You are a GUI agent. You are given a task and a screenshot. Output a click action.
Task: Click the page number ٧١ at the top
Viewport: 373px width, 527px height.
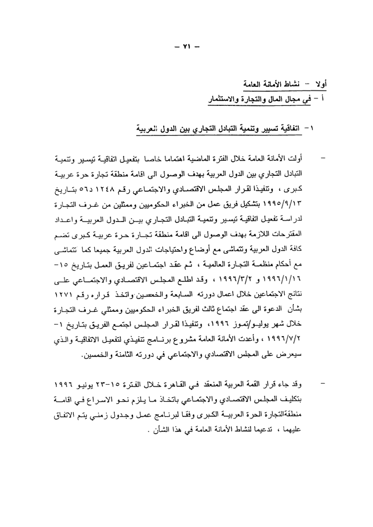click(x=186, y=48)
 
